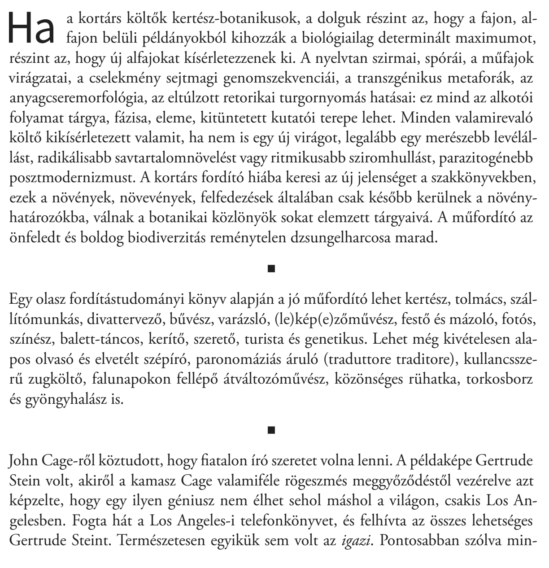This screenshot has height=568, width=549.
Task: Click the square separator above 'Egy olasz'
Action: click(270, 269)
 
